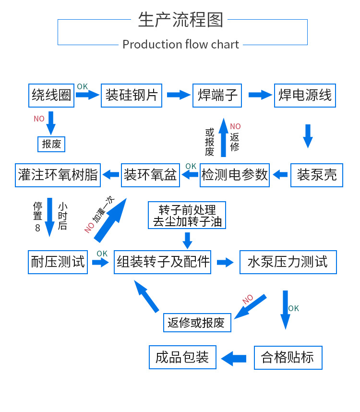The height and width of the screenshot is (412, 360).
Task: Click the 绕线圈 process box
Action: [51, 95]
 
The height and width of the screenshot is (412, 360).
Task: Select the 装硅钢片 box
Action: [132, 95]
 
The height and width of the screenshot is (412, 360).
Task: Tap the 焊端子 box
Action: [217, 95]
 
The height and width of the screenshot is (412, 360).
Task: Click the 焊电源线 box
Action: [305, 95]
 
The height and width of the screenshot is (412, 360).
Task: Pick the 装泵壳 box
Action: [317, 174]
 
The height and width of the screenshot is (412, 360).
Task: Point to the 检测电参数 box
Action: [235, 174]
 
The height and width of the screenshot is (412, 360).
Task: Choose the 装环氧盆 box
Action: [151, 174]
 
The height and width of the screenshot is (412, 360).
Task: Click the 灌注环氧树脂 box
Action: [58, 174]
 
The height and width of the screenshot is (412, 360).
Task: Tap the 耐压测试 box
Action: [58, 262]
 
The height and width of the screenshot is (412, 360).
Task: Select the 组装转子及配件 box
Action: [163, 262]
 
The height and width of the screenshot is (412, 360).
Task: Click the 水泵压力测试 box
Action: [288, 262]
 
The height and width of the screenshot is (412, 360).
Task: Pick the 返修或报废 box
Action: [197, 323]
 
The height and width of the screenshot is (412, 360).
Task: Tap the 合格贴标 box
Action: [288, 357]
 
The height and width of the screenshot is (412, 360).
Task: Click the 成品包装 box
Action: [182, 357]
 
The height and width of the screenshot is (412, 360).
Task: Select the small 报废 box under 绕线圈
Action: [51, 144]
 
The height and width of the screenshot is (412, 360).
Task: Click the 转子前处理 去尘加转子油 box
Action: [187, 216]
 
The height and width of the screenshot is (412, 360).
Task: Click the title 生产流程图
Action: [180, 20]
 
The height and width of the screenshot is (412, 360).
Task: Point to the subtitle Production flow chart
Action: [180, 45]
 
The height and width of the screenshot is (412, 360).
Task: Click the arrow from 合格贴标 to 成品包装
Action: [234, 358]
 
